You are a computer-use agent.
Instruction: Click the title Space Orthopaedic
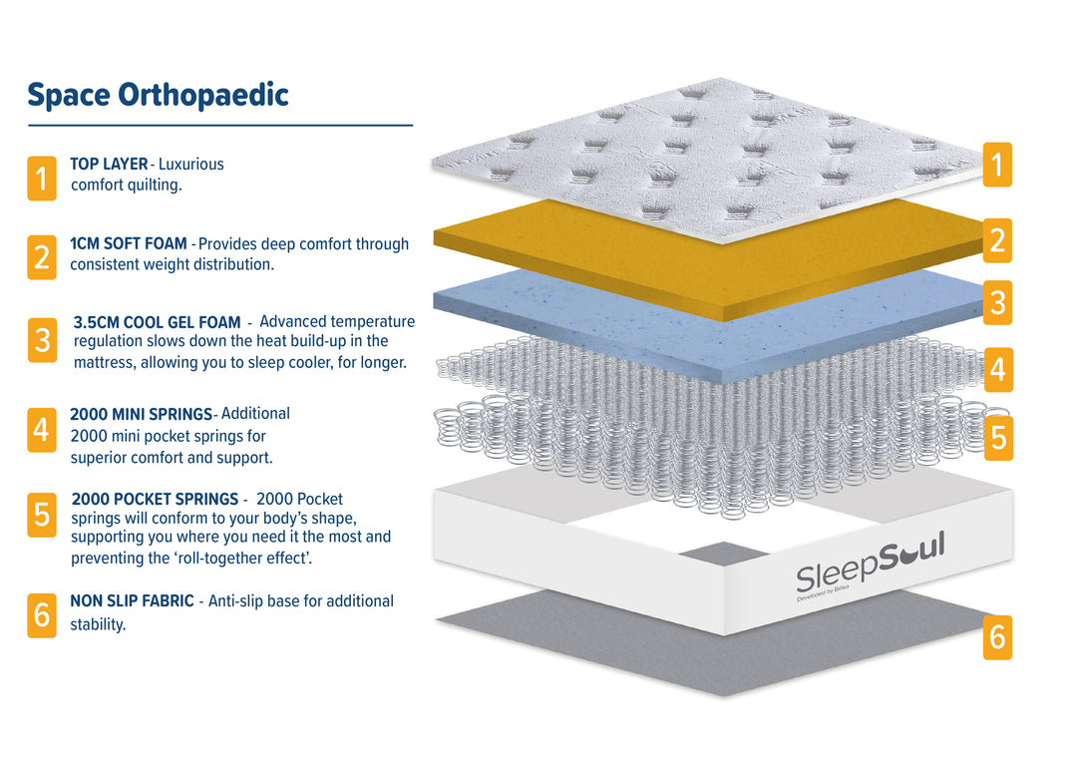click(158, 96)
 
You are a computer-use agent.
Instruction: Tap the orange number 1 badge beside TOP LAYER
click(42, 178)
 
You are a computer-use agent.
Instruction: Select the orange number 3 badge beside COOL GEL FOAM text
click(42, 340)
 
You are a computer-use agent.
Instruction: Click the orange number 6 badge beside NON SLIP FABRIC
click(42, 615)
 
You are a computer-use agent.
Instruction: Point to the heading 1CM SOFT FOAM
click(128, 243)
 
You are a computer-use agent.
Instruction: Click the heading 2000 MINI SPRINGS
click(141, 414)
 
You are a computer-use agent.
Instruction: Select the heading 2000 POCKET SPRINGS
click(155, 499)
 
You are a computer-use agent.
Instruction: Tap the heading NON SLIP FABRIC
click(132, 600)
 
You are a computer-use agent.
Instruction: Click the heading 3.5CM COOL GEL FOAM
click(157, 322)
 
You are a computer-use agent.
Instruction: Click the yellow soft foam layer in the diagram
click(698, 249)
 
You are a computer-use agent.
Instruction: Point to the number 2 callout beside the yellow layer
click(997, 240)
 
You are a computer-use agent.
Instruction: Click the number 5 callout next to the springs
click(998, 437)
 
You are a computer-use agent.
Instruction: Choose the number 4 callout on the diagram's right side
click(997, 370)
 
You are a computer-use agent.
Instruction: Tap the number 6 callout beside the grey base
click(997, 636)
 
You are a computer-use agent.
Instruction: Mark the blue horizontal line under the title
click(219, 126)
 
